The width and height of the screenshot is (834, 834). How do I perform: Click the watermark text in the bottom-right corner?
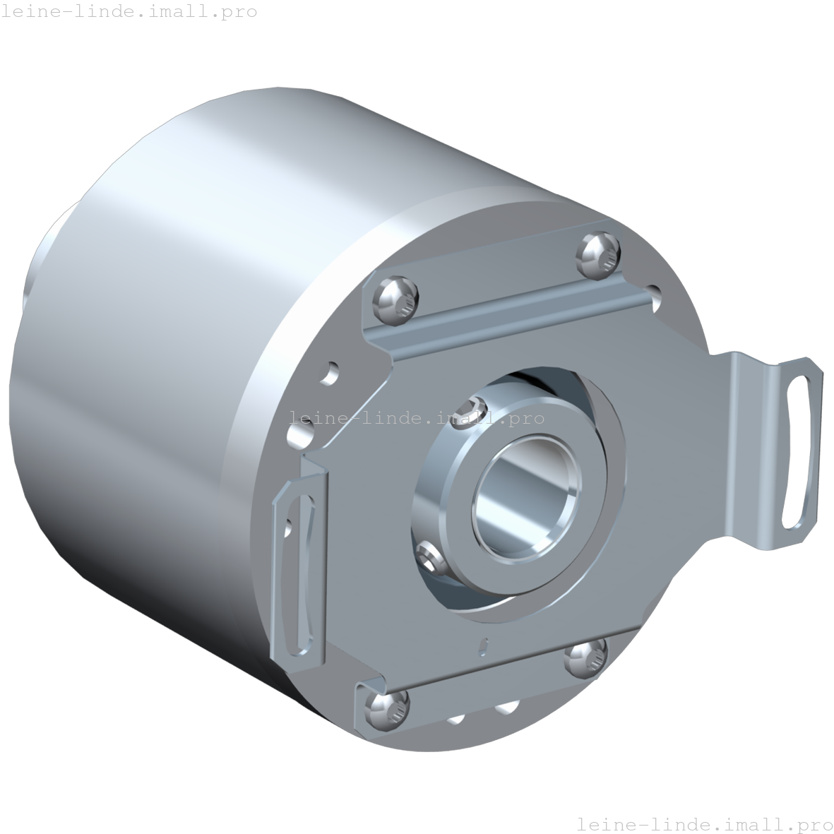(x=704, y=823)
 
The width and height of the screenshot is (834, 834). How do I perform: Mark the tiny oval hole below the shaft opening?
(x=483, y=643)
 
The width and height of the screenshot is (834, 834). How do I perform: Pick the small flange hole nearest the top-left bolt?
(x=330, y=372)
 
